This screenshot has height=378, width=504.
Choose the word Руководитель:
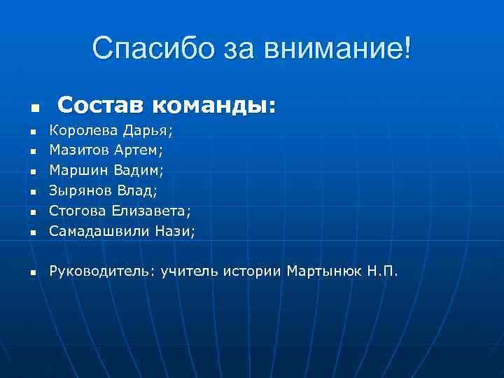point(102,271)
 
